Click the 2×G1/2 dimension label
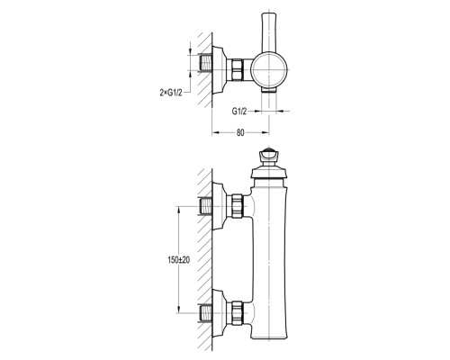[171, 93]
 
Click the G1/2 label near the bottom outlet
[239, 112]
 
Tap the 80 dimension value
[240, 132]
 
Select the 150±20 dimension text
[179, 260]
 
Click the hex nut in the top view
[237, 70]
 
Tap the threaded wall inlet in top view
[205, 63]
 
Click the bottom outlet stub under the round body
[269, 89]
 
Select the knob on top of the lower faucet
[269, 157]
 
